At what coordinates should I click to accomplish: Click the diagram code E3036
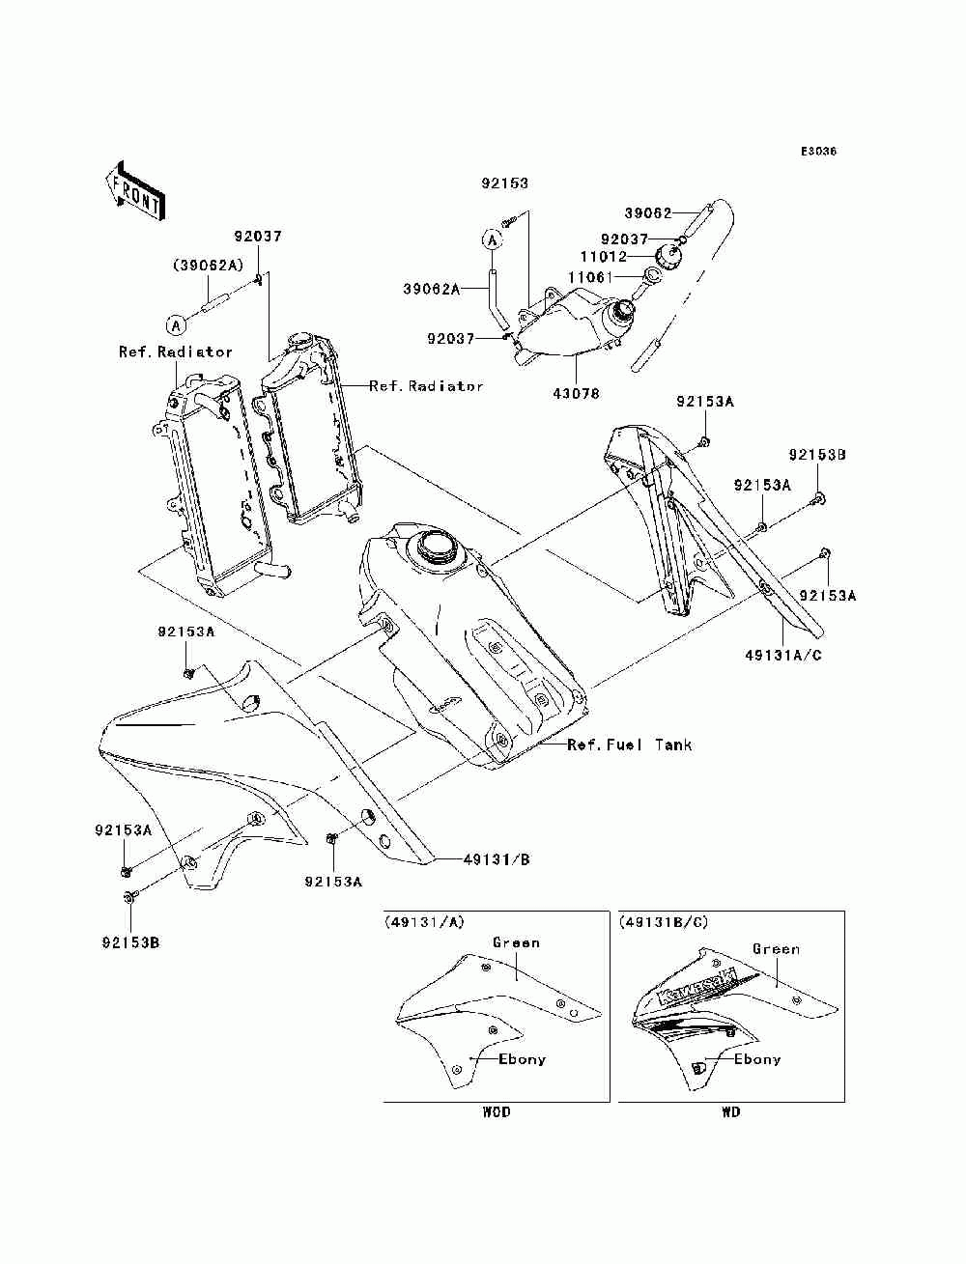(x=818, y=152)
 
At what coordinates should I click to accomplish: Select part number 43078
(x=576, y=394)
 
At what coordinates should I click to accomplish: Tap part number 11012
(x=603, y=256)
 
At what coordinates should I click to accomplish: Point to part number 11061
(x=590, y=277)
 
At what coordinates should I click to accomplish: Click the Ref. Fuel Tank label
(x=630, y=744)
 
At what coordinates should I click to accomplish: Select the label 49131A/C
(x=783, y=655)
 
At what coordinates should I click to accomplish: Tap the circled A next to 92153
(x=492, y=239)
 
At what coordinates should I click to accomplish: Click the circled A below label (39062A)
(x=176, y=325)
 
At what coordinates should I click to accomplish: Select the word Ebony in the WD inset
(x=757, y=1059)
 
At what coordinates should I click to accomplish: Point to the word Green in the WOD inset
(x=516, y=942)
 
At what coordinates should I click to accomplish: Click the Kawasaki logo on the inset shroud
(x=697, y=987)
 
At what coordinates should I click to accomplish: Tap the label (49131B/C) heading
(x=663, y=922)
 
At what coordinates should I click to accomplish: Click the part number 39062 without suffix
(x=648, y=213)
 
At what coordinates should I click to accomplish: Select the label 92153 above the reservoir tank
(x=504, y=183)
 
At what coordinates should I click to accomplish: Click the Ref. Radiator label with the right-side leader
(x=426, y=385)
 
